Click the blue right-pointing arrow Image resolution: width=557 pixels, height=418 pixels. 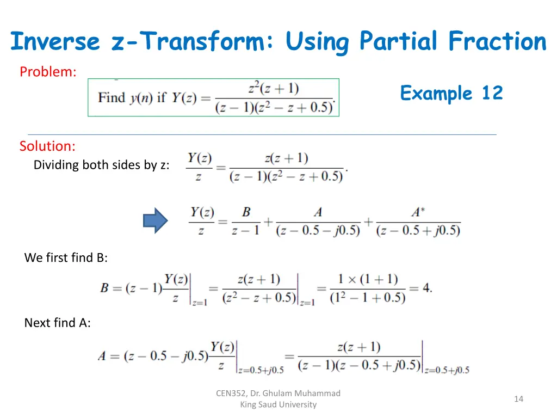click(154, 220)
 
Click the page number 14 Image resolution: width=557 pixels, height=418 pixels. click(518, 399)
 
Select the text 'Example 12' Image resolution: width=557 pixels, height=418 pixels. click(451, 93)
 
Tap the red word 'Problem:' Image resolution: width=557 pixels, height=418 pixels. click(48, 71)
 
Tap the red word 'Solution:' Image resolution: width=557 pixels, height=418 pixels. click(47, 146)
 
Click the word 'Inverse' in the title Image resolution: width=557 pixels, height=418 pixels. click(55, 41)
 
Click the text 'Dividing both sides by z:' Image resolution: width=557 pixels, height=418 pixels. click(101, 165)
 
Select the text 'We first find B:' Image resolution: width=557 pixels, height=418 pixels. click(66, 257)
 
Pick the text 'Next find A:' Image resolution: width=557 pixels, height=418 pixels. click(57, 323)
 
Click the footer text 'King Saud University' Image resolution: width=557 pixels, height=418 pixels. click(278, 404)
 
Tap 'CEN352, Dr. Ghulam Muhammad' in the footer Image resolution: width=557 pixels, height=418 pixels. click(278, 393)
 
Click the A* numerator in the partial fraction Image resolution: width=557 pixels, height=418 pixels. click(418, 212)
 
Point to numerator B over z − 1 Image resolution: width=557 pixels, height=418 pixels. click(246, 212)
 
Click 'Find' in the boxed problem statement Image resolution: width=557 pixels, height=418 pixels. click(112, 98)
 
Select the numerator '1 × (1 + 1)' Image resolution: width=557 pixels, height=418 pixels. click(368, 279)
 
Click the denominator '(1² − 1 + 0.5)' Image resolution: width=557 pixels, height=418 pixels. click(368, 298)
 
